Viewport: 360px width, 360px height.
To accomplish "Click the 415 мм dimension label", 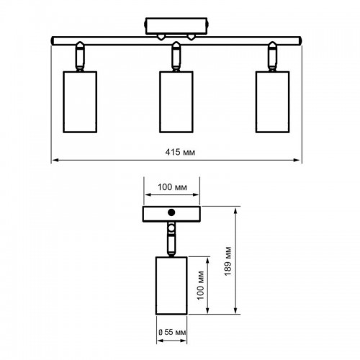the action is pos(180,152).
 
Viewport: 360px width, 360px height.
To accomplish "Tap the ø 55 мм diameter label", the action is pos(172,333).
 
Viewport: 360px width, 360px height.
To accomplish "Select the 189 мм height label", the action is pos(228,261).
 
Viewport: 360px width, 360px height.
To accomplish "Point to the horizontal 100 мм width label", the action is pos(172,187).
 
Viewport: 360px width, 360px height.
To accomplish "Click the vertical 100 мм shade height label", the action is pos(200,285).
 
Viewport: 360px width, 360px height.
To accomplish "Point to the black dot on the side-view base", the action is pos(171,212).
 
